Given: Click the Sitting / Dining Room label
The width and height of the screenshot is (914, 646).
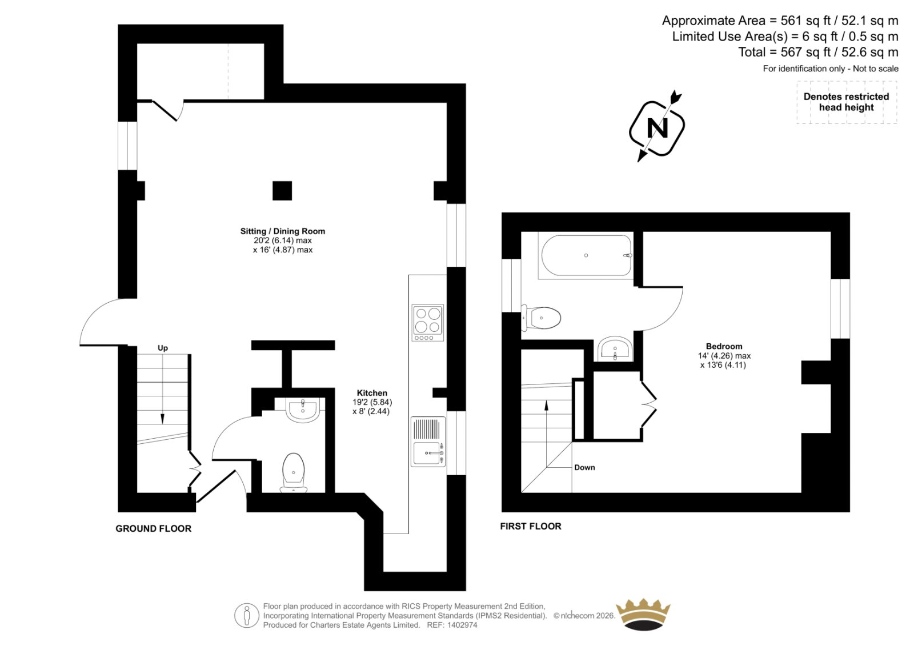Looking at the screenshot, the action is click(x=282, y=231).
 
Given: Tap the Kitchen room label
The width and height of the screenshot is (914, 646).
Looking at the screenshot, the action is click(x=372, y=393).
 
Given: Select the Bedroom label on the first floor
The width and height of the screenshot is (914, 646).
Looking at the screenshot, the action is click(x=724, y=347).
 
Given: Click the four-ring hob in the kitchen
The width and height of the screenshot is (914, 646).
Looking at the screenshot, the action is click(x=428, y=323).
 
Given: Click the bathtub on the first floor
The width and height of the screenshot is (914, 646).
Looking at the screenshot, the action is click(x=586, y=255).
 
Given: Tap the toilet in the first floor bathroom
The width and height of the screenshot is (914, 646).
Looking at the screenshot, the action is click(x=540, y=318).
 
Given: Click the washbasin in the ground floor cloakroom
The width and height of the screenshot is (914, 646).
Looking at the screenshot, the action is click(x=303, y=410).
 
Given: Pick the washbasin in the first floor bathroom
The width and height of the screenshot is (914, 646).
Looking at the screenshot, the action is click(x=615, y=349).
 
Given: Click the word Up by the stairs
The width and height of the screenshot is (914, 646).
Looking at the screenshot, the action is click(x=162, y=348).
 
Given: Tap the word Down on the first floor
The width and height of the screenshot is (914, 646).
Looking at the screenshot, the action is click(x=584, y=468).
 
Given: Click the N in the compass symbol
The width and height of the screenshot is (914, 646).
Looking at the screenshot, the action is click(x=658, y=128).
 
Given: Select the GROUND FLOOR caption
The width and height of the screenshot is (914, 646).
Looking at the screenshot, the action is click(x=154, y=528).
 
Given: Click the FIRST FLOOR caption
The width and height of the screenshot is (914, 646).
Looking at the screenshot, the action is click(x=531, y=527).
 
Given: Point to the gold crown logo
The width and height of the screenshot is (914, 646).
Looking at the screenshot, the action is click(x=643, y=614).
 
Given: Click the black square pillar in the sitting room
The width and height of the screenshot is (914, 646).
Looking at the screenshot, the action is click(x=282, y=191).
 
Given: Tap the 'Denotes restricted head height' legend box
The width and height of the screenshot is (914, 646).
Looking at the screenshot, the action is click(x=847, y=102).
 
